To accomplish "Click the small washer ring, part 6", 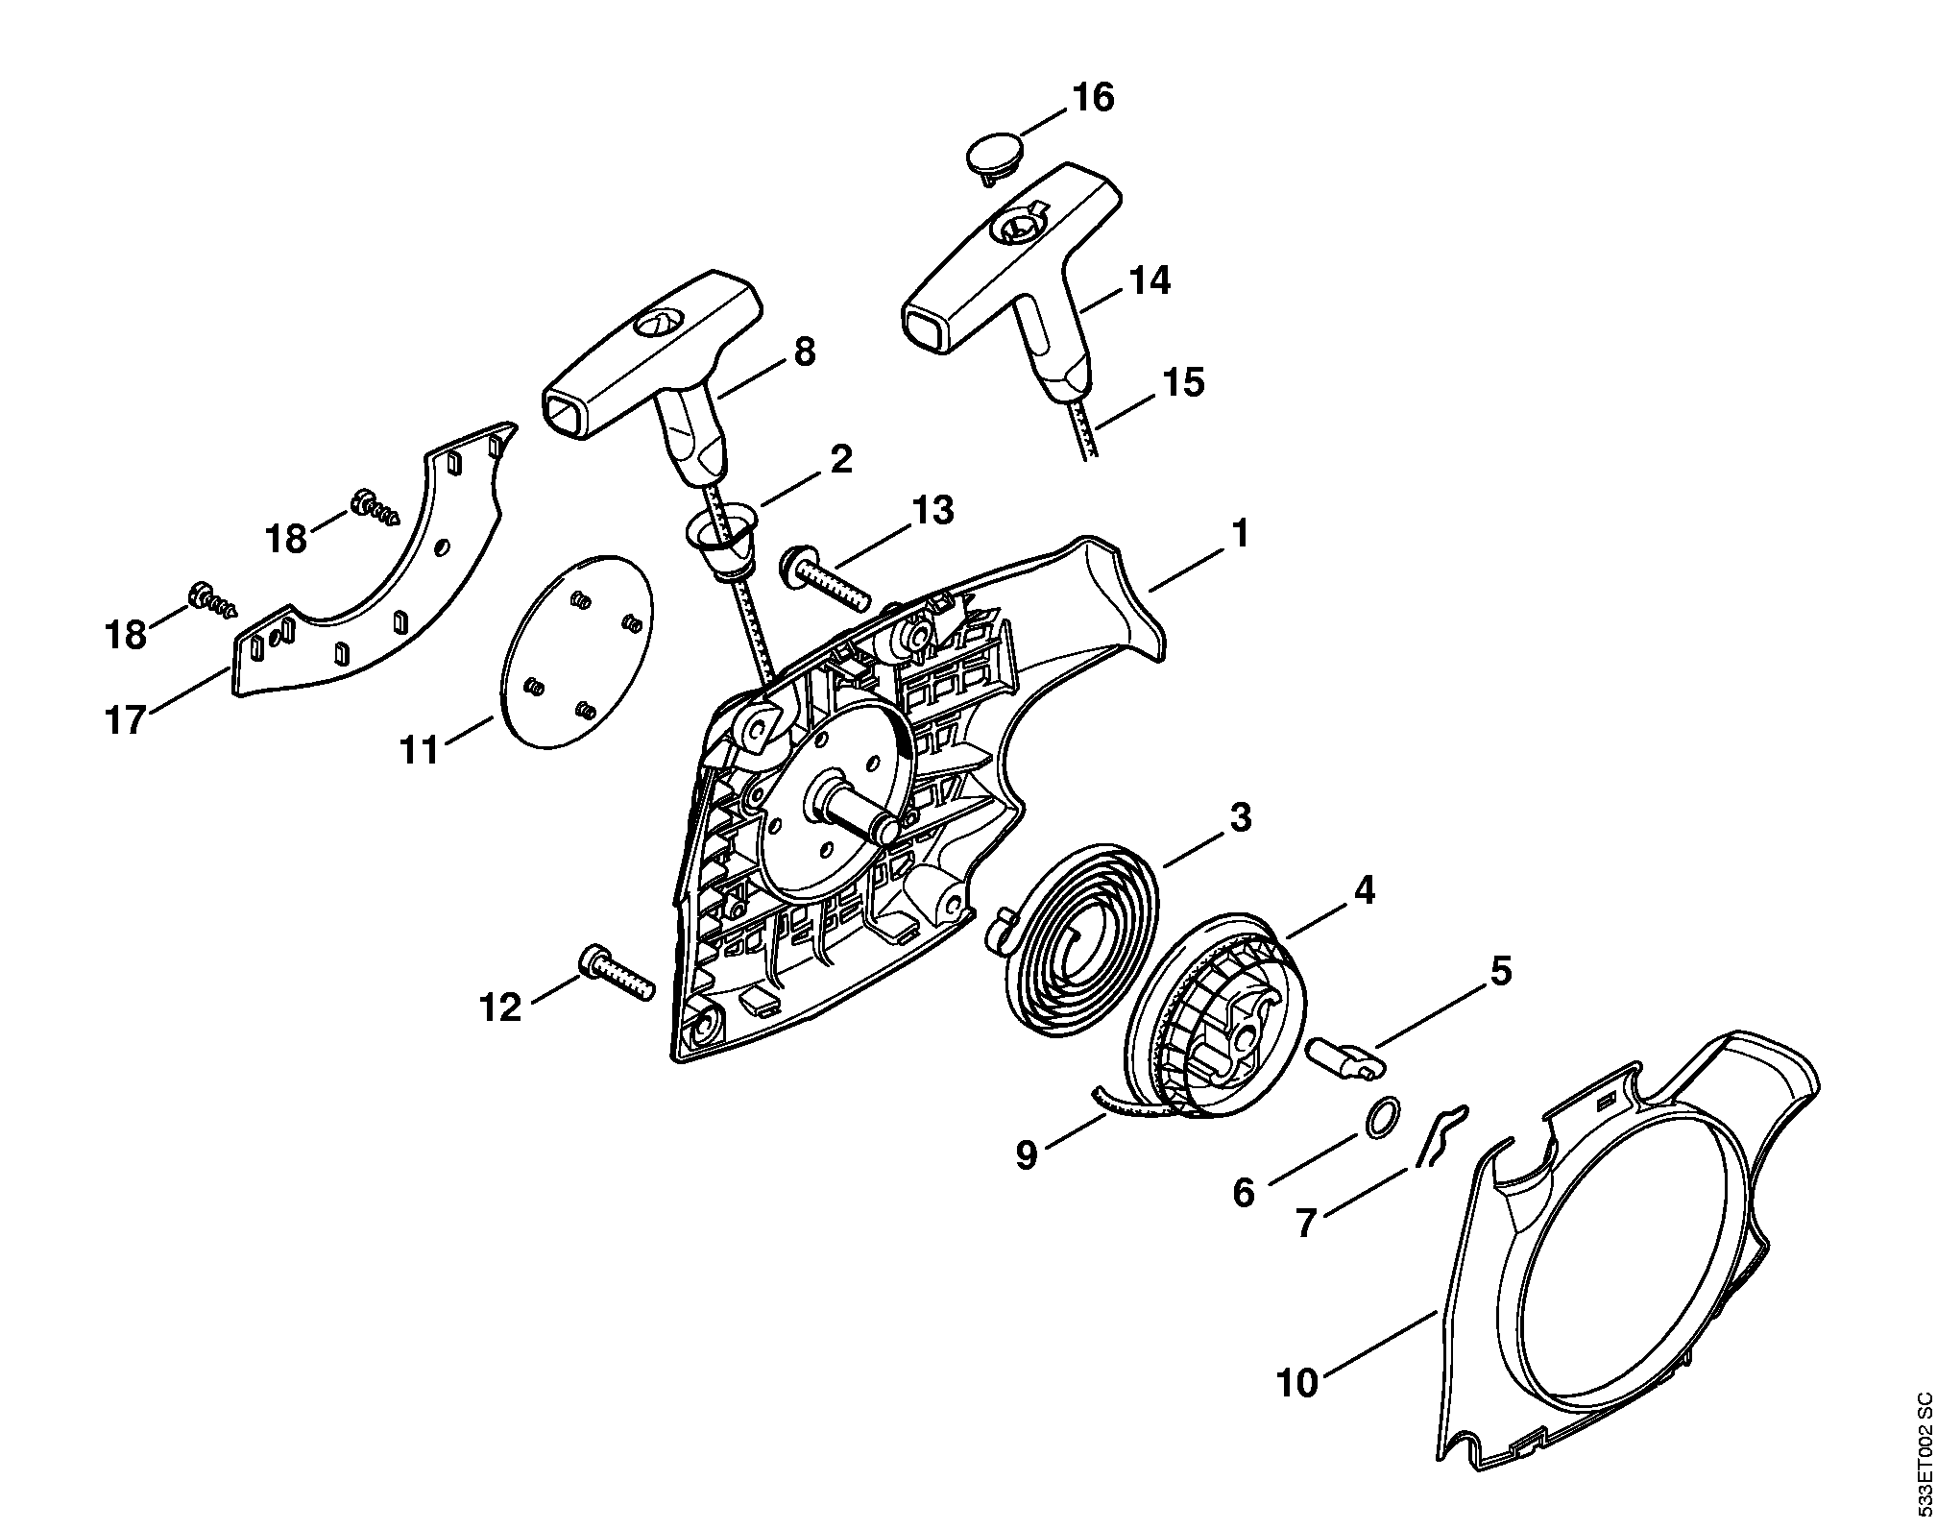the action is pyautogui.click(x=1381, y=1119).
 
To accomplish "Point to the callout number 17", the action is pyautogui.click(x=126, y=719).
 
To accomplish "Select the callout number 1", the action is pyautogui.click(x=1239, y=535).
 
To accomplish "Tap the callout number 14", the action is pyautogui.click(x=1150, y=281).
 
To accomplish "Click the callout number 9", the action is pyautogui.click(x=1027, y=1155).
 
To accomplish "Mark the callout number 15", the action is pyautogui.click(x=1182, y=382).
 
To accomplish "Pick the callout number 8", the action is pyautogui.click(x=805, y=352).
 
